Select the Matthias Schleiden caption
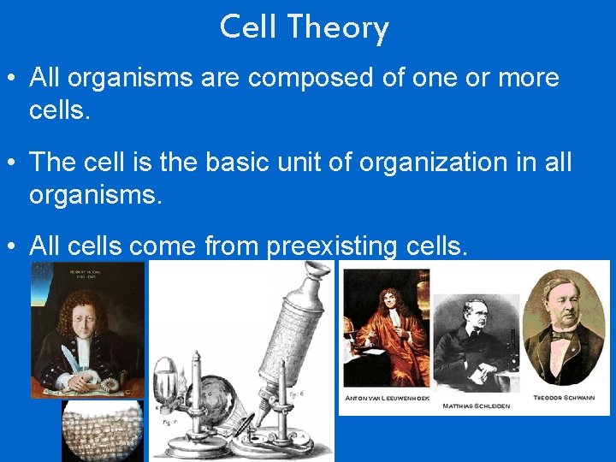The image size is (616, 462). point(475,406)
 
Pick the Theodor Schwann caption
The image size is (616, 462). point(564,398)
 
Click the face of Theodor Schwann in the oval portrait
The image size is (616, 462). point(564,304)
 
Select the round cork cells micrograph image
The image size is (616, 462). point(101,430)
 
